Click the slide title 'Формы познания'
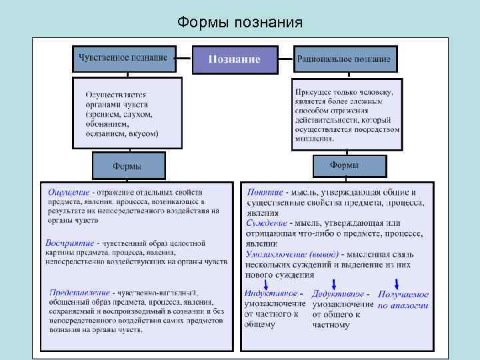[x=239, y=23]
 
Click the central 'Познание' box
[x=235, y=59]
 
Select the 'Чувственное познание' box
[x=123, y=58]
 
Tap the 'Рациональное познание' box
[x=345, y=59]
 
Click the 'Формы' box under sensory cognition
[x=128, y=166]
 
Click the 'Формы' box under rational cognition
[x=349, y=165]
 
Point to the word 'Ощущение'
[x=67, y=192]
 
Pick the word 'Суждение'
[x=267, y=223]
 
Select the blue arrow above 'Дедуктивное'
[x=334, y=283]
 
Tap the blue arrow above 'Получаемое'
[x=397, y=283]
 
